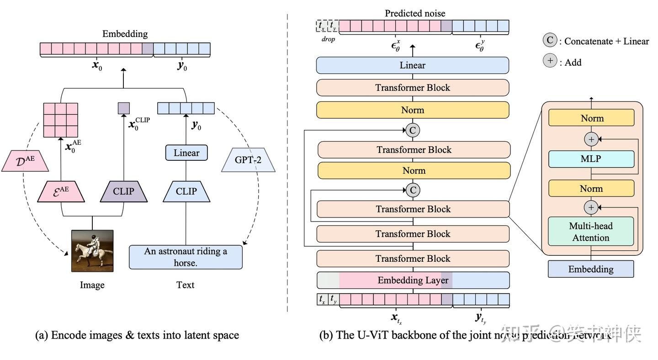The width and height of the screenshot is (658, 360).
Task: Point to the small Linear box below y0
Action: [x=186, y=153]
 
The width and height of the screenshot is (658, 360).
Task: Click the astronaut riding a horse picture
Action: [x=92, y=251]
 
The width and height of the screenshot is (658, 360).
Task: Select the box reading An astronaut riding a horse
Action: [x=186, y=257]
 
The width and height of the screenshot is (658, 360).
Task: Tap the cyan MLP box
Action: [x=591, y=159]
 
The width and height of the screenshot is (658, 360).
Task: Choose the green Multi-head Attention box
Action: [x=591, y=232]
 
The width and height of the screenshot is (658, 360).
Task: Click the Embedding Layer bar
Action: [x=413, y=280]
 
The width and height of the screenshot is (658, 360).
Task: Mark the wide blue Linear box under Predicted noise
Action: [x=412, y=65]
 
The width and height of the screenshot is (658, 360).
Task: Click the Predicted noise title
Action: [x=415, y=13]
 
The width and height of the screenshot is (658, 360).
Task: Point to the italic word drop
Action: [x=328, y=39]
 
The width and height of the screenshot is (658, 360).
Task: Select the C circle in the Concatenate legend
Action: [x=550, y=40]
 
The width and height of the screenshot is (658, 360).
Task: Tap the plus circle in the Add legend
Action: [x=550, y=61]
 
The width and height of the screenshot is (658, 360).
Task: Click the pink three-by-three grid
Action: [x=61, y=120]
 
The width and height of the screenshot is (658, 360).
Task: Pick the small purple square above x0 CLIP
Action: [x=124, y=108]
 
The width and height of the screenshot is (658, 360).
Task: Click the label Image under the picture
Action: [x=92, y=285]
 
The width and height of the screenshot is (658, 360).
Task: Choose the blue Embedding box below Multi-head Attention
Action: [x=591, y=269]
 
